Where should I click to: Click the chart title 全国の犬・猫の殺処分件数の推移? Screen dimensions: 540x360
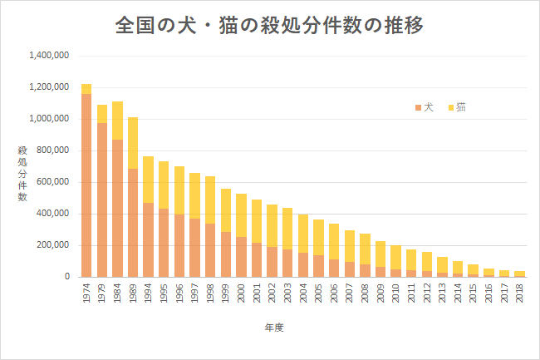[269, 25]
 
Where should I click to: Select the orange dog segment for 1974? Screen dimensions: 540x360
[86, 185]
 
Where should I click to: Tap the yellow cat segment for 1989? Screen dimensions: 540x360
[133, 143]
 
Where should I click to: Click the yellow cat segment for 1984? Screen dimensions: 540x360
[117, 121]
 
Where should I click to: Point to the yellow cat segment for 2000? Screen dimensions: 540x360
[242, 215]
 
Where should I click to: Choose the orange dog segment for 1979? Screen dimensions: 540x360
[102, 200]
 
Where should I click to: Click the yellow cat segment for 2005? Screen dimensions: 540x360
[318, 237]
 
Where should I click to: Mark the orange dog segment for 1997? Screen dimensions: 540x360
[195, 248]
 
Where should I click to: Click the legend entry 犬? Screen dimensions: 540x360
[425, 107]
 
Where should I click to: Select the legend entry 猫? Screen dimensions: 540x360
[457, 107]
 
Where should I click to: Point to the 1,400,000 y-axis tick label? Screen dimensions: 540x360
[49, 55]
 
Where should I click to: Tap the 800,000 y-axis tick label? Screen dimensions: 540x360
[52, 150]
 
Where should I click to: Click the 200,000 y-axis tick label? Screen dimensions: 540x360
[52, 245]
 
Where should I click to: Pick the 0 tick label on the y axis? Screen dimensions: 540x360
[67, 277]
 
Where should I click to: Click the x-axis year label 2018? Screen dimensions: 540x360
[520, 293]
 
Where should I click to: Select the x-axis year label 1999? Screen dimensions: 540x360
[226, 293]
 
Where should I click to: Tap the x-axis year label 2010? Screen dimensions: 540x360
[395, 293]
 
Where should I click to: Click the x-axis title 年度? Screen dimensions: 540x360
[274, 328]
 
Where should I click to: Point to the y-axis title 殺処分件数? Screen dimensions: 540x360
[22, 173]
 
